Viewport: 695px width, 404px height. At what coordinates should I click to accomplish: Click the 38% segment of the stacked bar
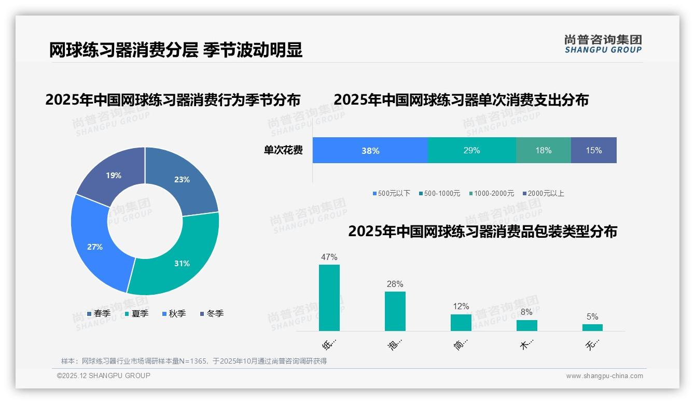point(370,151)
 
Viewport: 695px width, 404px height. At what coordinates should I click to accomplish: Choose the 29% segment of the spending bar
point(471,151)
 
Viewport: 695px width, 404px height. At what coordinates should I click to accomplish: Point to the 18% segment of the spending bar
point(543,151)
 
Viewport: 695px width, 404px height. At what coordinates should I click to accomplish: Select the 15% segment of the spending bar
point(593,151)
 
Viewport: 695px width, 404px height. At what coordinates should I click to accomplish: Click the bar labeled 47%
point(329,298)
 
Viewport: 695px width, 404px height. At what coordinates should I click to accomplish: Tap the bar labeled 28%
point(395,311)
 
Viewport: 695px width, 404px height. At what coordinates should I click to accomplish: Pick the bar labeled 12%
point(461,323)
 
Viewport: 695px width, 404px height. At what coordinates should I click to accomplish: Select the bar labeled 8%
point(526,325)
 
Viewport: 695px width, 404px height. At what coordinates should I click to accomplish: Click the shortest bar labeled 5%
point(592,327)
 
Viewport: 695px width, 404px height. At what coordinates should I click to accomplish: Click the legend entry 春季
point(99,313)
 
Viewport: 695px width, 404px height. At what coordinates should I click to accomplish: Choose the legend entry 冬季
point(212,313)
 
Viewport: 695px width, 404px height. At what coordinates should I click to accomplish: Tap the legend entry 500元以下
point(392,193)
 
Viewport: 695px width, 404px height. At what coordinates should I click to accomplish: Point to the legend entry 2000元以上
point(543,193)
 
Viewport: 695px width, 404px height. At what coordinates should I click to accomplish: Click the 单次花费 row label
point(283,151)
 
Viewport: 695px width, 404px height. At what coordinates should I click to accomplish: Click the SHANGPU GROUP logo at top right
point(603,44)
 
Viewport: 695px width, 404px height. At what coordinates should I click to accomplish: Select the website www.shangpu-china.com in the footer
point(604,376)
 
